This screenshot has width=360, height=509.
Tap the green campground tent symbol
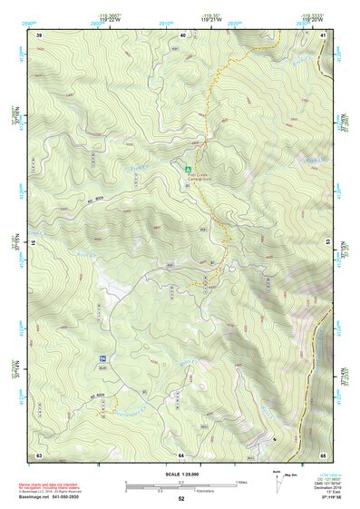click(189, 169)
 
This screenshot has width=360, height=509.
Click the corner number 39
click(39, 34)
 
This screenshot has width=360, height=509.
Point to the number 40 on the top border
click(182, 34)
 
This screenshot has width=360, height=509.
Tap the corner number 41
click(324, 34)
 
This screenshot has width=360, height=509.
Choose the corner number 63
click(39, 454)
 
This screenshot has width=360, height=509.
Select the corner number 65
click(324, 454)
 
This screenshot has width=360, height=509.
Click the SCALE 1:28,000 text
click(181, 474)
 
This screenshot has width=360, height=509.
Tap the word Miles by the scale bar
click(240, 482)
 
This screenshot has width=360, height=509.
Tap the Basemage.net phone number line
click(50, 498)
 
